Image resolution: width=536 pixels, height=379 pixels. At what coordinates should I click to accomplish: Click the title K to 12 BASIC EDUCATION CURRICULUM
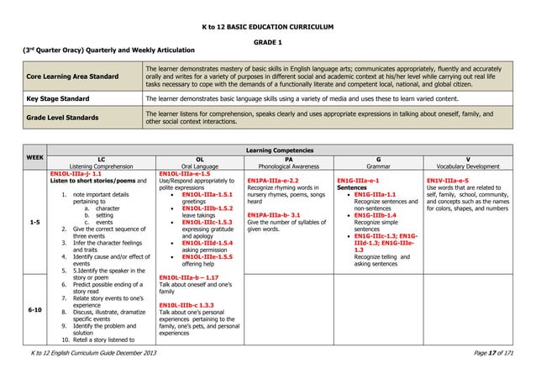[268, 26]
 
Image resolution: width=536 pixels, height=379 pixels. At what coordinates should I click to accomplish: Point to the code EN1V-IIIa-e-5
[454, 180]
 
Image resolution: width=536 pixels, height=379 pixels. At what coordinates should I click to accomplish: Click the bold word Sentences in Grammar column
[352, 187]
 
